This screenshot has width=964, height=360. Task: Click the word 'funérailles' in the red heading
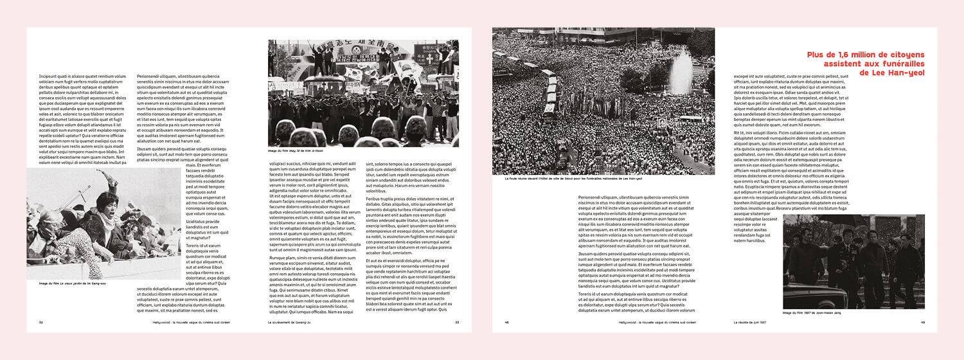tap(898, 64)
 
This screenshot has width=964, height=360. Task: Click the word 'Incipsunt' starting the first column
tap(49, 76)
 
